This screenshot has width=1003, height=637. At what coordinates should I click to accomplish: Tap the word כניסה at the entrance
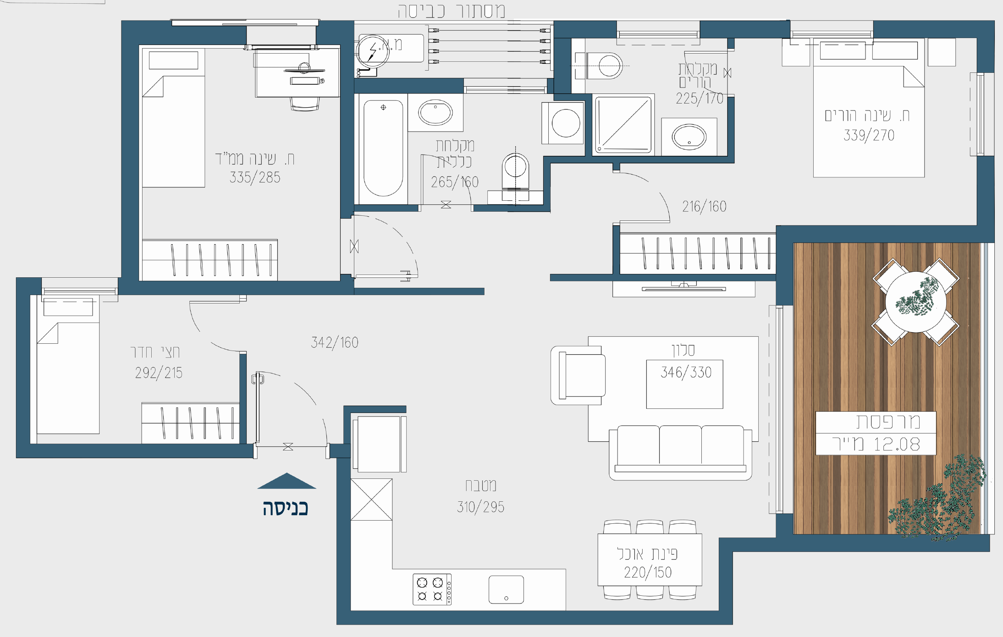pyautogui.click(x=285, y=508)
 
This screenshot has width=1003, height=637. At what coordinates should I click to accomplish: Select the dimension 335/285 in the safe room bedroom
pyautogui.click(x=255, y=177)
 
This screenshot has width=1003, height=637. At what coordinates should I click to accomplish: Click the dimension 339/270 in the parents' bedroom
pyautogui.click(x=869, y=135)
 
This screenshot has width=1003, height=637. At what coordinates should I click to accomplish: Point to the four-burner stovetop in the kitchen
pyautogui.click(x=432, y=589)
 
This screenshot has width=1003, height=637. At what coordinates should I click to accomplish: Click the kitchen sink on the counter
pyautogui.click(x=506, y=590)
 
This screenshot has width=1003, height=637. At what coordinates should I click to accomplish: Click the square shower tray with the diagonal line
pyautogui.click(x=623, y=125)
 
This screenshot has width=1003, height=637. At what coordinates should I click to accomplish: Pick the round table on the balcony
pyautogui.click(x=915, y=302)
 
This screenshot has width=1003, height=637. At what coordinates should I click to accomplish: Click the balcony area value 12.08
pyautogui.click(x=897, y=444)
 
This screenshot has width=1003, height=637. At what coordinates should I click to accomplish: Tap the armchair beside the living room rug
pyautogui.click(x=579, y=375)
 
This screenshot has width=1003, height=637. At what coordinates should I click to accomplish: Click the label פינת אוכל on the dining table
pyautogui.click(x=648, y=554)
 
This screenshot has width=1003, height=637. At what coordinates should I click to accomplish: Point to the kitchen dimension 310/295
pyautogui.click(x=480, y=507)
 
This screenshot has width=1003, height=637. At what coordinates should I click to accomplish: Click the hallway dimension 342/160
pyautogui.click(x=335, y=342)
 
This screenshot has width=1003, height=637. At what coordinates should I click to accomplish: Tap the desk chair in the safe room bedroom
pyautogui.click(x=304, y=104)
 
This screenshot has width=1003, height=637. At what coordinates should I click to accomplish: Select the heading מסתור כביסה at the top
pyautogui.click(x=452, y=11)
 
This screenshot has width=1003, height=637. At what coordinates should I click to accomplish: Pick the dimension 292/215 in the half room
pyautogui.click(x=159, y=373)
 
